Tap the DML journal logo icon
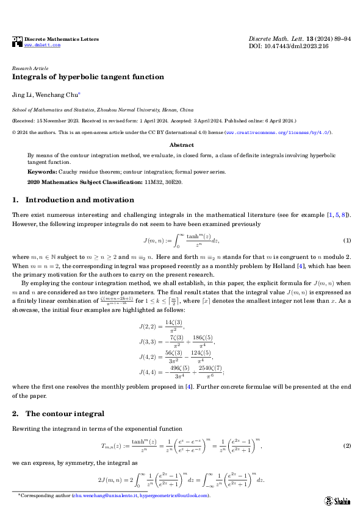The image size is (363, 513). pos(17,41)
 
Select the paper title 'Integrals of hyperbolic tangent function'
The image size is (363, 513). pos(88,77)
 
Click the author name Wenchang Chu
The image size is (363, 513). pos(59,95)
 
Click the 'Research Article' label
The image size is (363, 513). pos(30,68)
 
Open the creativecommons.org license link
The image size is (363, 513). pos(278,132)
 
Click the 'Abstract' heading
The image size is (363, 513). pos(181,146)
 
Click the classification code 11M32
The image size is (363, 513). pos(153,182)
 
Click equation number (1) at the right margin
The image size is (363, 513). pos(347,241)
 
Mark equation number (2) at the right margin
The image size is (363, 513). pos(347,447)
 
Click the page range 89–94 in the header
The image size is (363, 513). pos(339,38)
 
